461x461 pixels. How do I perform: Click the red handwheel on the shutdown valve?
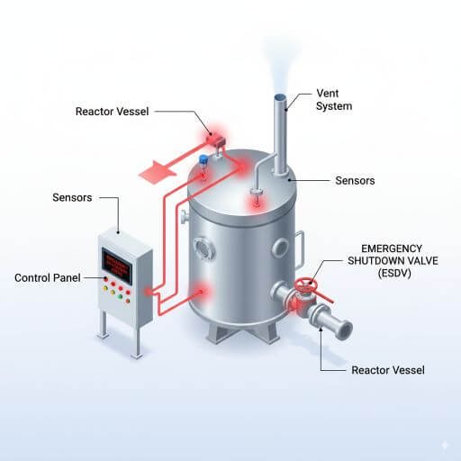point(308,285)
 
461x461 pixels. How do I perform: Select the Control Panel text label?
point(50,277)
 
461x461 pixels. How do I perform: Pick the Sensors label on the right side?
point(354,180)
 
